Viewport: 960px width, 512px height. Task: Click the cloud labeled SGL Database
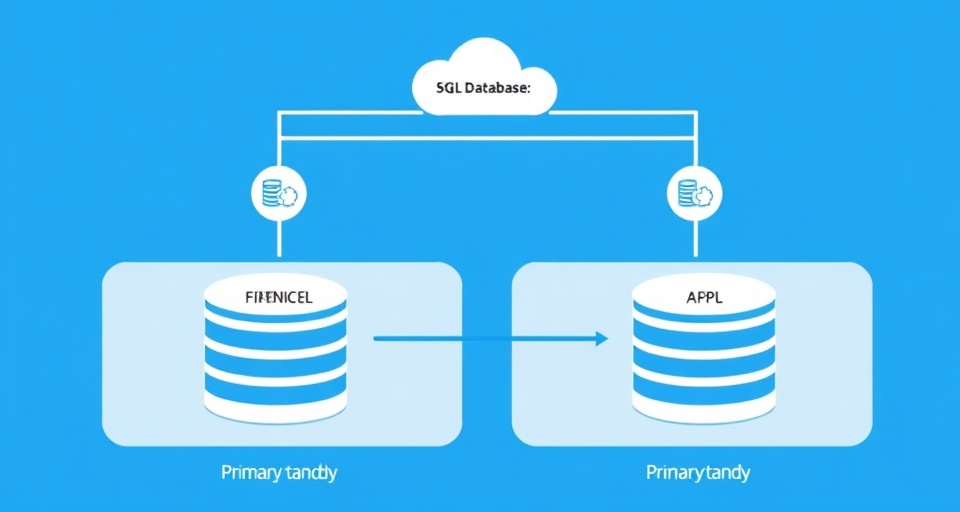pyautogui.click(x=484, y=80)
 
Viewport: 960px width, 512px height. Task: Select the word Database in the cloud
pyautogui.click(x=498, y=88)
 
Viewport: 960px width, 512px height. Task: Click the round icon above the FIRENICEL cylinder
pyautogui.click(x=280, y=193)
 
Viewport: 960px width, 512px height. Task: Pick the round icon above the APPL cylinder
pyautogui.click(x=693, y=193)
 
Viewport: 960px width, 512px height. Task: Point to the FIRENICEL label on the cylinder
pyautogui.click(x=277, y=297)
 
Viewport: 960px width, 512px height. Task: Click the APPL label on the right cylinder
pyautogui.click(x=704, y=297)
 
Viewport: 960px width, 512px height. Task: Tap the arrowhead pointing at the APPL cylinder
pyautogui.click(x=602, y=339)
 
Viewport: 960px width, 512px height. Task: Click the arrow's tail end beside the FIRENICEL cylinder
pyautogui.click(x=377, y=339)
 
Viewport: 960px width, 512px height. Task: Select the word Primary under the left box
pyautogui.click(x=248, y=472)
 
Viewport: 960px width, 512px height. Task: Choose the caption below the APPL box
pyautogui.click(x=698, y=472)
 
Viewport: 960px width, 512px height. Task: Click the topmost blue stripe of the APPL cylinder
pyautogui.click(x=704, y=318)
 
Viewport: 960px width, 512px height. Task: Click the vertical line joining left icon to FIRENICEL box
pyautogui.click(x=280, y=241)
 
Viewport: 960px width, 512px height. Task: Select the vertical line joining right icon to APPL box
pyautogui.click(x=693, y=241)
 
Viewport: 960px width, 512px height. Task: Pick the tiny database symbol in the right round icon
pyautogui.click(x=686, y=192)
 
